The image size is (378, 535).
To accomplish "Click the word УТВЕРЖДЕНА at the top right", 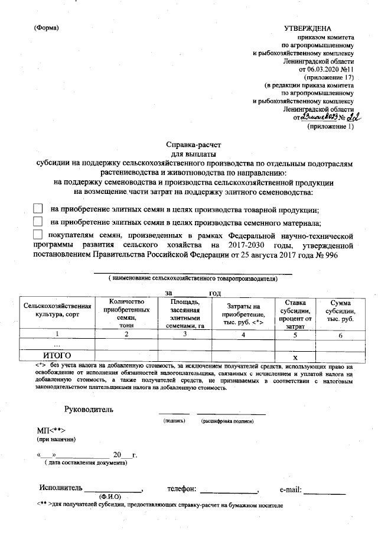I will pyautogui.click(x=308, y=28).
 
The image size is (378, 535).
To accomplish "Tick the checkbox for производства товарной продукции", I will pyautogui.click(x=38, y=209).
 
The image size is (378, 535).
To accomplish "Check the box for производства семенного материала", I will pyautogui.click(x=38, y=222).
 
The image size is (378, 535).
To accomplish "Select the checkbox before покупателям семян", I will pyautogui.click(x=38, y=235).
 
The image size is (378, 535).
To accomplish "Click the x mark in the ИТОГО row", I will pyautogui.click(x=295, y=356).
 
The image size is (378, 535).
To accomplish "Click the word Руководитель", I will pyautogui.click(x=89, y=409).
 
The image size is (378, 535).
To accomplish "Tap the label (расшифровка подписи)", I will pyautogui.click(x=227, y=421).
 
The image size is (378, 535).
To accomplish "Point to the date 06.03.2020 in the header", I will pyautogui.click(x=316, y=69).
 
